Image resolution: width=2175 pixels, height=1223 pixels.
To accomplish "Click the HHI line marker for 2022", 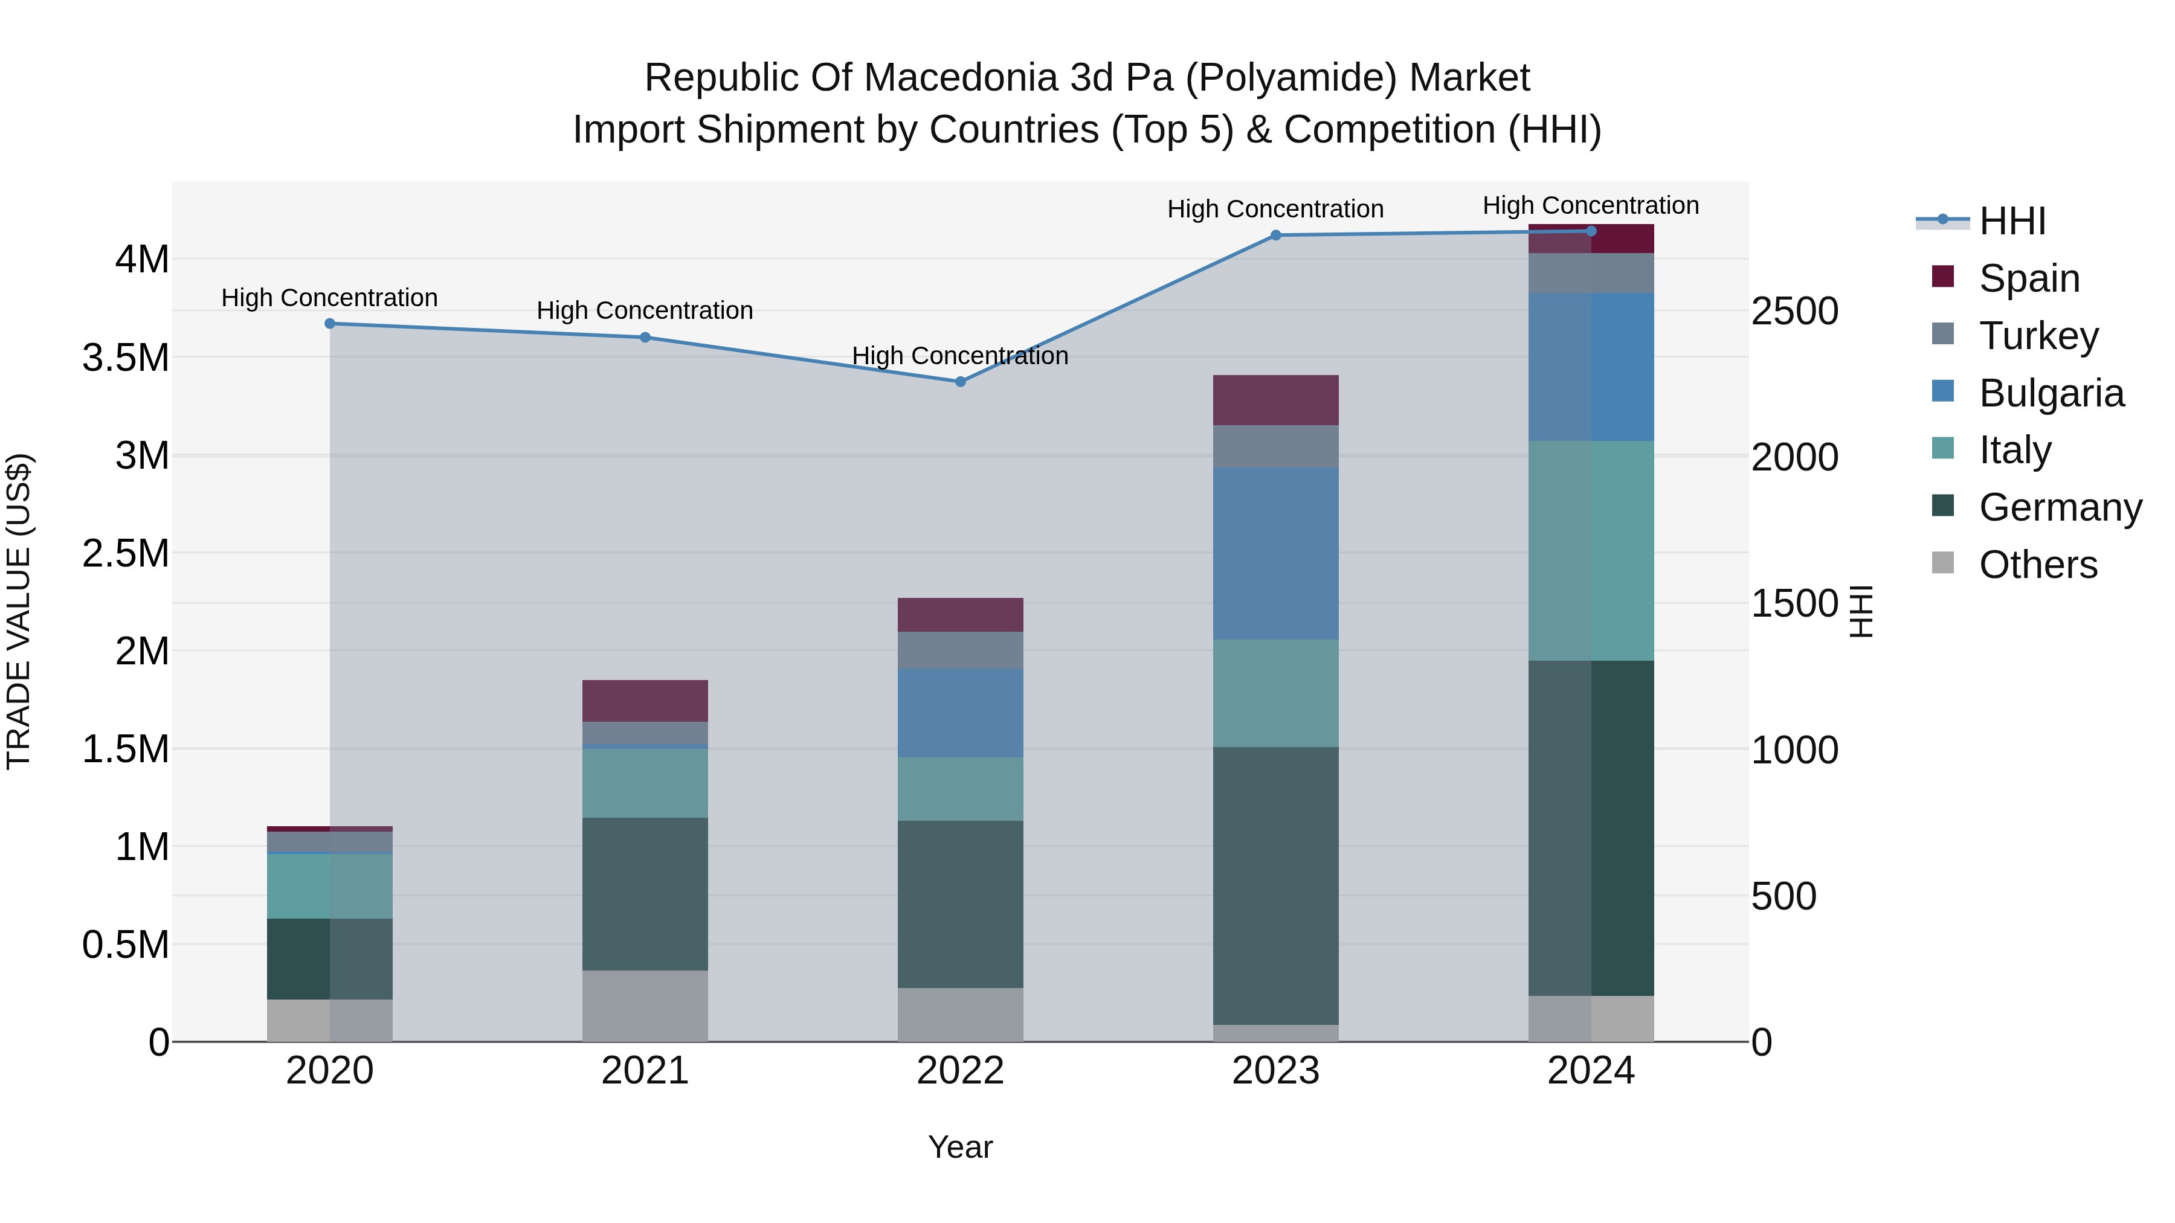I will point(960,382).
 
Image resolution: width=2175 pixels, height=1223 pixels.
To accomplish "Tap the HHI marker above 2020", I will point(330,323).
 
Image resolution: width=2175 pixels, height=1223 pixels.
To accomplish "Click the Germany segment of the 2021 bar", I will point(645,893).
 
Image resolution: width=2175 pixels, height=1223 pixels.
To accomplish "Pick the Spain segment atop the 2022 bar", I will point(960,614).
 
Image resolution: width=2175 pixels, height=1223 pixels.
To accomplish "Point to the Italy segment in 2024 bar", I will point(1591,550).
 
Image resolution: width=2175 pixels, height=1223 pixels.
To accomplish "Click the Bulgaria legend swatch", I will point(1943,391).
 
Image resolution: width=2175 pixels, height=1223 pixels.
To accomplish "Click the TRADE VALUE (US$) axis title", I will point(19,611).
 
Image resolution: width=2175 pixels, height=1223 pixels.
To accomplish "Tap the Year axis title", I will point(960,1147).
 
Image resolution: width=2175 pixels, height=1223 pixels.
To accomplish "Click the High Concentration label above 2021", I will point(645,310).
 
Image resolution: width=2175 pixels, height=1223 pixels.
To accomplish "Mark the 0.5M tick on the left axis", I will point(125,945).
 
